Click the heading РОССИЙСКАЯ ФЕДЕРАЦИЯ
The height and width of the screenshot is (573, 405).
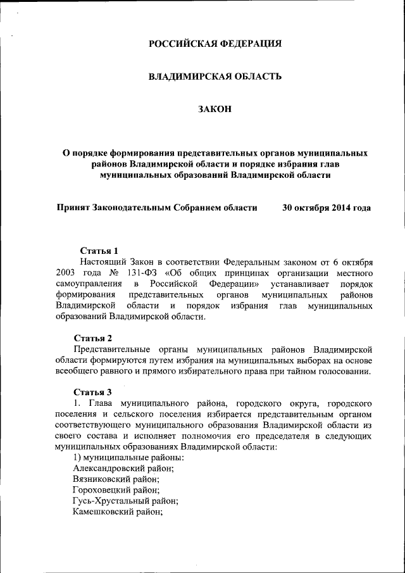click(215, 44)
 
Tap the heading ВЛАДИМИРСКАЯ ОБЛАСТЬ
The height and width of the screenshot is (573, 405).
click(215, 77)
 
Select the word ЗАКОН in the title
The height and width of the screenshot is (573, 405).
click(215, 110)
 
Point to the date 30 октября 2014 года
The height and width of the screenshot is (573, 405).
click(326, 208)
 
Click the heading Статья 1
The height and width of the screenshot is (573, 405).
click(99, 251)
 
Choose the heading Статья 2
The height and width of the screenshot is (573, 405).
click(93, 337)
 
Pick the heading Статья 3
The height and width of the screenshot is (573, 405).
click(93, 391)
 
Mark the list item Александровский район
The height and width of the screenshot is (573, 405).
click(123, 468)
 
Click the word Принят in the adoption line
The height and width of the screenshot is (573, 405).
click(73, 208)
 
